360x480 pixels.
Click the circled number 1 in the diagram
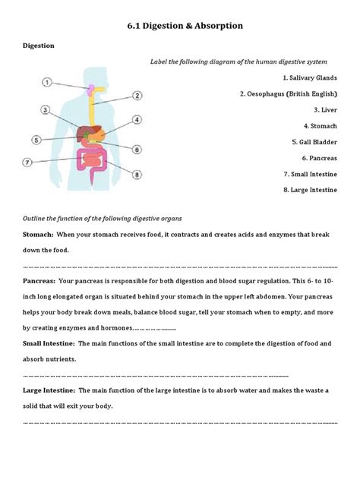(47, 82)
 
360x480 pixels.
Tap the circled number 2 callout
(137, 96)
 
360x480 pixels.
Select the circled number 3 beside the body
(46, 110)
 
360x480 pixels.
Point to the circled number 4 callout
(137, 120)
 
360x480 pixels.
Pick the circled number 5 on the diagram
(36, 140)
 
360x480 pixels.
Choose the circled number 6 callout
(137, 150)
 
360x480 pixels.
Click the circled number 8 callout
(137, 174)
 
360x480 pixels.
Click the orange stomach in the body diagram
(105, 134)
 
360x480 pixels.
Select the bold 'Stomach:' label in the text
(38, 235)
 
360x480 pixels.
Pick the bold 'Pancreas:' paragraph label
(40, 280)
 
